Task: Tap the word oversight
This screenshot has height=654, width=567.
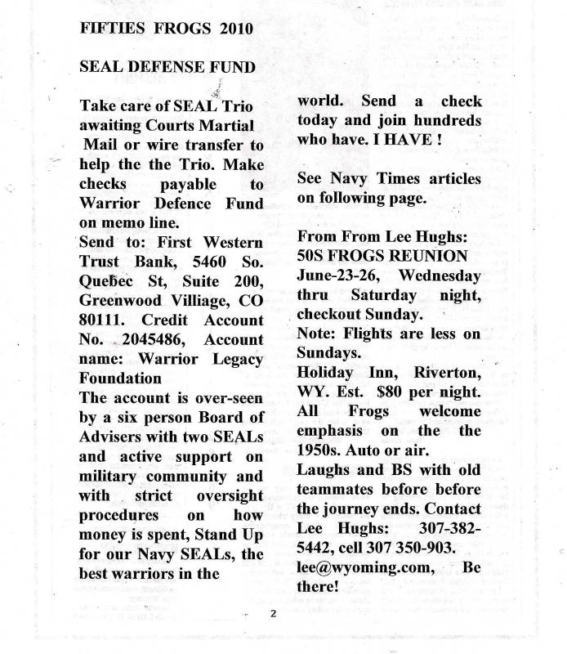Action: (x=230, y=495)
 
